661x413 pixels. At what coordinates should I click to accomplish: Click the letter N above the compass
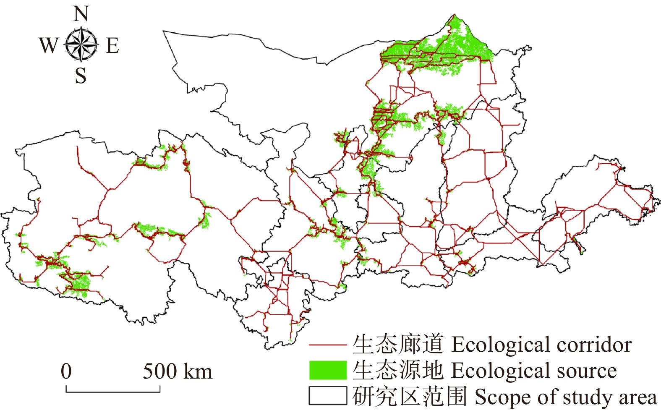tap(81, 14)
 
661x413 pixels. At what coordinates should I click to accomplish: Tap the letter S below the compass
tap(81, 76)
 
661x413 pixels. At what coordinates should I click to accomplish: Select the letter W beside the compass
tap(49, 45)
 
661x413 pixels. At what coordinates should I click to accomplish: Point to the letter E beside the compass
tap(112, 45)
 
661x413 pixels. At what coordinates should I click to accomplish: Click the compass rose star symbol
tap(81, 44)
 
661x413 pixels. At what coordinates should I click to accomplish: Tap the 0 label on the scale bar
tap(66, 371)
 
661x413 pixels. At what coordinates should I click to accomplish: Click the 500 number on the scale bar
tap(160, 371)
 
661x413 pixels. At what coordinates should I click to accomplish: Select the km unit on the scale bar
tap(198, 371)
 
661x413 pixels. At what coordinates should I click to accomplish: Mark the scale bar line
tap(113, 392)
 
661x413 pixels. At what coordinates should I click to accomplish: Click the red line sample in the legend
tap(328, 345)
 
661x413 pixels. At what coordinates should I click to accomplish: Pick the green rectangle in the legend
tap(328, 370)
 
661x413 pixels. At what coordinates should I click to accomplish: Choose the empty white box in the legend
tap(328, 396)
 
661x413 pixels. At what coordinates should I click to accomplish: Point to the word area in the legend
tap(637, 397)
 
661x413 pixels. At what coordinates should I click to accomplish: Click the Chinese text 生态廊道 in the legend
tap(398, 345)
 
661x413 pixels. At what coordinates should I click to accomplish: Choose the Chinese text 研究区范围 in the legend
tap(410, 396)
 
